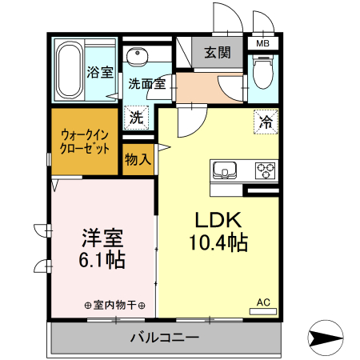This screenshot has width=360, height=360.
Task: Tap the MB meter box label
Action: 262,44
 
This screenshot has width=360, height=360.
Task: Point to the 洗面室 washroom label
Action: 146,82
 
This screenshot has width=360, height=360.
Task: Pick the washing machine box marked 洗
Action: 138,117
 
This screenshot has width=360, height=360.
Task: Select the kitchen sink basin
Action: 226,170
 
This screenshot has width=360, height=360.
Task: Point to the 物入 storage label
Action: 138,159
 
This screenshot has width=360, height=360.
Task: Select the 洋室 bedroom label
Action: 102,238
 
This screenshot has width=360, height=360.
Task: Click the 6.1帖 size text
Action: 102,260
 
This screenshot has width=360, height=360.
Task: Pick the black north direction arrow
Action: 327,338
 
